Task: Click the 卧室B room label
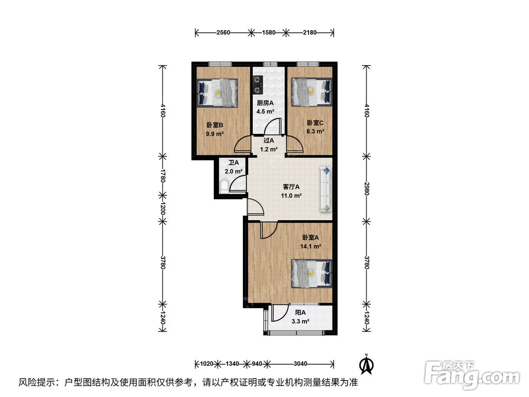click(x=215, y=125)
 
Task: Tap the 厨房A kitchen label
click(x=265, y=103)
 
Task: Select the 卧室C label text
click(x=315, y=123)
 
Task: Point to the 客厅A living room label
click(x=291, y=187)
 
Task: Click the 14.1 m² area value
click(x=311, y=247)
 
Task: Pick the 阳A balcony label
click(x=300, y=313)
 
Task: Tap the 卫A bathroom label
click(x=233, y=163)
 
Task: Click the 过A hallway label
click(x=269, y=140)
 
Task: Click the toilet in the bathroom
click(x=224, y=186)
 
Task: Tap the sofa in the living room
click(x=325, y=189)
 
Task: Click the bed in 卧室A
click(x=312, y=274)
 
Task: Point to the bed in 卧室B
click(x=217, y=93)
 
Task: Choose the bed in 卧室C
click(x=312, y=92)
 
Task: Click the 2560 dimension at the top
click(x=223, y=33)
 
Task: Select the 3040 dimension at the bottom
click(x=300, y=364)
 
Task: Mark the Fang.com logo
click(x=472, y=375)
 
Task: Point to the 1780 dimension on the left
click(x=163, y=176)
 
